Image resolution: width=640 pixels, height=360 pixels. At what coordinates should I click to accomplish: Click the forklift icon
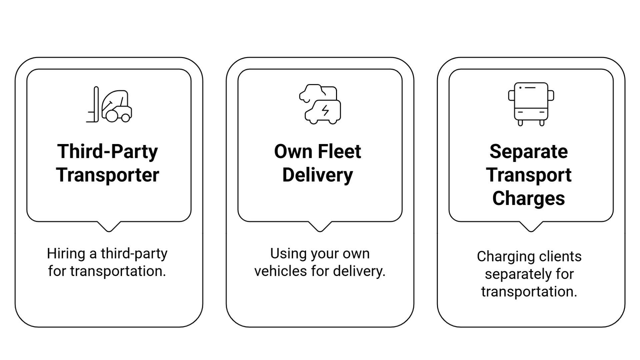click(x=109, y=105)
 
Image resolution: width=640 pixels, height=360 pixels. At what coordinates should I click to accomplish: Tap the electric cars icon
click(x=320, y=104)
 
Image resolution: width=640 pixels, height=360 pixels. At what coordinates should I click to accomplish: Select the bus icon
click(x=531, y=104)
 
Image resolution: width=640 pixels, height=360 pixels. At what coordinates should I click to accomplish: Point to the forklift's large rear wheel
click(x=112, y=115)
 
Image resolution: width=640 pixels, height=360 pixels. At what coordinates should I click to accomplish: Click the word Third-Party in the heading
click(x=107, y=152)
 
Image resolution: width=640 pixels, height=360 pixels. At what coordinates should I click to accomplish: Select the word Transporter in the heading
click(x=107, y=175)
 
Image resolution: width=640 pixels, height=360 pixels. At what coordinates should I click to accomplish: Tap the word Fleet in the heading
click(x=339, y=152)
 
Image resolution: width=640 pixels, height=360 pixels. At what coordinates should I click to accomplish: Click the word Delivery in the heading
click(x=317, y=175)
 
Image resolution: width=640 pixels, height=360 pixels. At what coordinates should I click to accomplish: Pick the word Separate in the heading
click(x=528, y=152)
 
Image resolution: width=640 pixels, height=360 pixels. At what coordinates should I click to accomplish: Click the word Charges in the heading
click(x=528, y=198)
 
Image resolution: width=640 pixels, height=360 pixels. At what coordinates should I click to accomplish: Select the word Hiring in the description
click(x=66, y=254)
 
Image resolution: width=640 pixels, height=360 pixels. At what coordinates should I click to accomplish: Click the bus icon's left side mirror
click(x=511, y=96)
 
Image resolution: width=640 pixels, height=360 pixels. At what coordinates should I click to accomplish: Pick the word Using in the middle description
click(x=284, y=254)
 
